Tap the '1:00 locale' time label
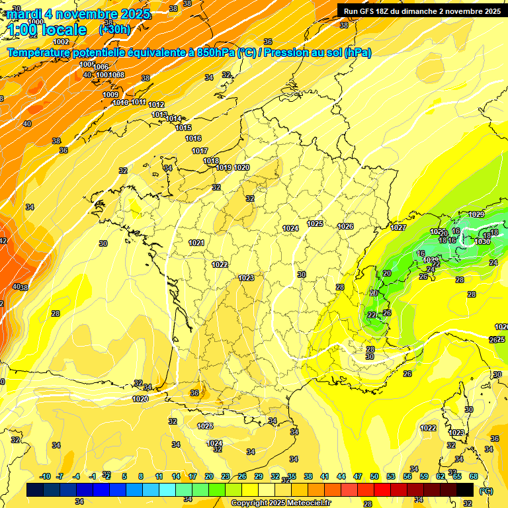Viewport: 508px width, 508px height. [x=48, y=30]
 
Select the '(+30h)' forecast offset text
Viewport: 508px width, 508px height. [x=114, y=30]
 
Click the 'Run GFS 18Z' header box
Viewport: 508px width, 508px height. [x=421, y=11]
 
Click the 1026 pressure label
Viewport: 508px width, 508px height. [x=345, y=226]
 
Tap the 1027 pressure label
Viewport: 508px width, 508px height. [x=398, y=228]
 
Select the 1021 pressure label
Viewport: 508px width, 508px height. [x=196, y=243]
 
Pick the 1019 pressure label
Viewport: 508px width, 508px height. [x=224, y=168]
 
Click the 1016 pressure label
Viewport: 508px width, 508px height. [x=193, y=139]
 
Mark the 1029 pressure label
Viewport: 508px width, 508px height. [x=476, y=215]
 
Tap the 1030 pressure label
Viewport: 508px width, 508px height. [x=482, y=241]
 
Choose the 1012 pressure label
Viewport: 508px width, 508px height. [x=156, y=105]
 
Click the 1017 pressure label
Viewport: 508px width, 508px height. [x=200, y=151]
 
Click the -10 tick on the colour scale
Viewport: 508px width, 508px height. [x=45, y=476]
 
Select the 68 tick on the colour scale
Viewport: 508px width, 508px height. [x=474, y=476]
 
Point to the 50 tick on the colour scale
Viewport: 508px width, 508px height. [x=374, y=476]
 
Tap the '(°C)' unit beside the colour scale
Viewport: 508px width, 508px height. [x=486, y=491]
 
